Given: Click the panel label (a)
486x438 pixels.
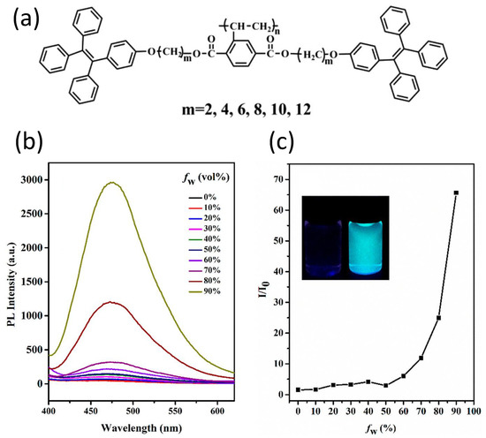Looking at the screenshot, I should [22, 19].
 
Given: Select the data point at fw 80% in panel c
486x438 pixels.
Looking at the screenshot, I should [438, 318].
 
